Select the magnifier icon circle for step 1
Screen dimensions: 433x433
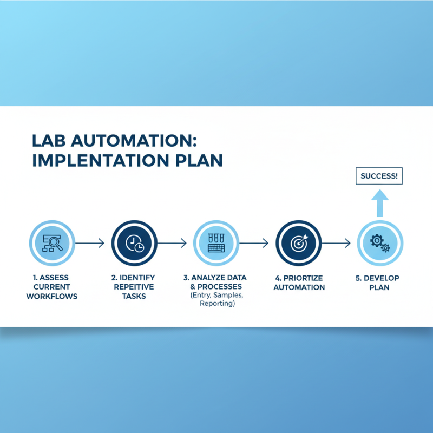[x=52, y=244]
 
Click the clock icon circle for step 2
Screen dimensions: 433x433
[x=134, y=244]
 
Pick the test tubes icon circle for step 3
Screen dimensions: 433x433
[x=216, y=244]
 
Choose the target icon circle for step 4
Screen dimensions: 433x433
[x=298, y=244]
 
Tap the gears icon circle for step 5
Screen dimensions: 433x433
[x=379, y=244]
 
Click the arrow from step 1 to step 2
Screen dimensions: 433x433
[x=89, y=244]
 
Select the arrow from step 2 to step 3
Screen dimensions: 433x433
[x=172, y=244]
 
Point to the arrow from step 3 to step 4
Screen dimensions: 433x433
[x=254, y=244]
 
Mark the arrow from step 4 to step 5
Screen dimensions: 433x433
[x=336, y=244]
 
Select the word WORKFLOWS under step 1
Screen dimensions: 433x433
[x=52, y=297]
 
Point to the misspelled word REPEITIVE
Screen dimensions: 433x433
[x=134, y=287]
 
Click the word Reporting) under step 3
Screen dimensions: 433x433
[x=216, y=304]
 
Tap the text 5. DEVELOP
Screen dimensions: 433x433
[x=377, y=278]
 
